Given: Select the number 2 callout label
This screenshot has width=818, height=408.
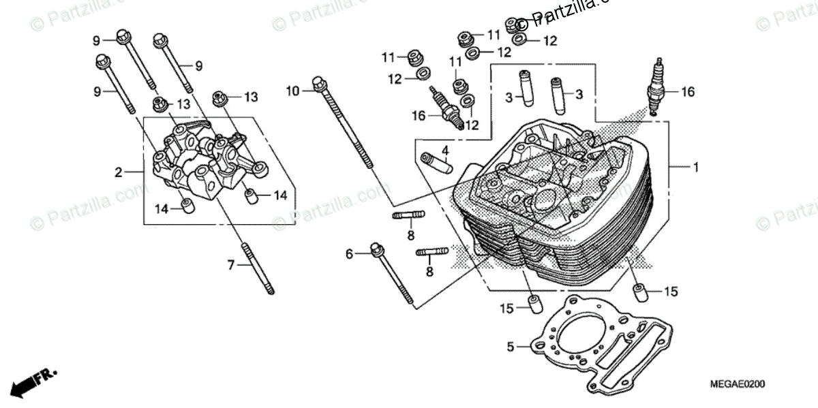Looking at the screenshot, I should [118, 173].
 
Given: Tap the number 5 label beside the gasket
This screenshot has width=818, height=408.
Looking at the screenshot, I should [509, 347].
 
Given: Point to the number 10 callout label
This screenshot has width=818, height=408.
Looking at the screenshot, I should [292, 91].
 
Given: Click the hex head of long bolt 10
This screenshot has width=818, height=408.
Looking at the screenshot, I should [318, 84].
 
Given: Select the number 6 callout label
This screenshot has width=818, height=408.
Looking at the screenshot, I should [349, 254].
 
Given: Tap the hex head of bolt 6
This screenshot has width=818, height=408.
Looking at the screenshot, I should [376, 249].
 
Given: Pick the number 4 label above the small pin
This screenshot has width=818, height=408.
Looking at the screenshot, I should [444, 150].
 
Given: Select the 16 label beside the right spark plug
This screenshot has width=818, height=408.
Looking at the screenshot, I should [687, 92].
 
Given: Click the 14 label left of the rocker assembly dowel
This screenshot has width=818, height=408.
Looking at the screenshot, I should [161, 209].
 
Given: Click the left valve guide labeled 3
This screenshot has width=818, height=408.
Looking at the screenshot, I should [526, 87].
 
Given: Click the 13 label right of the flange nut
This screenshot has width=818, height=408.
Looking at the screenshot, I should [251, 97].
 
